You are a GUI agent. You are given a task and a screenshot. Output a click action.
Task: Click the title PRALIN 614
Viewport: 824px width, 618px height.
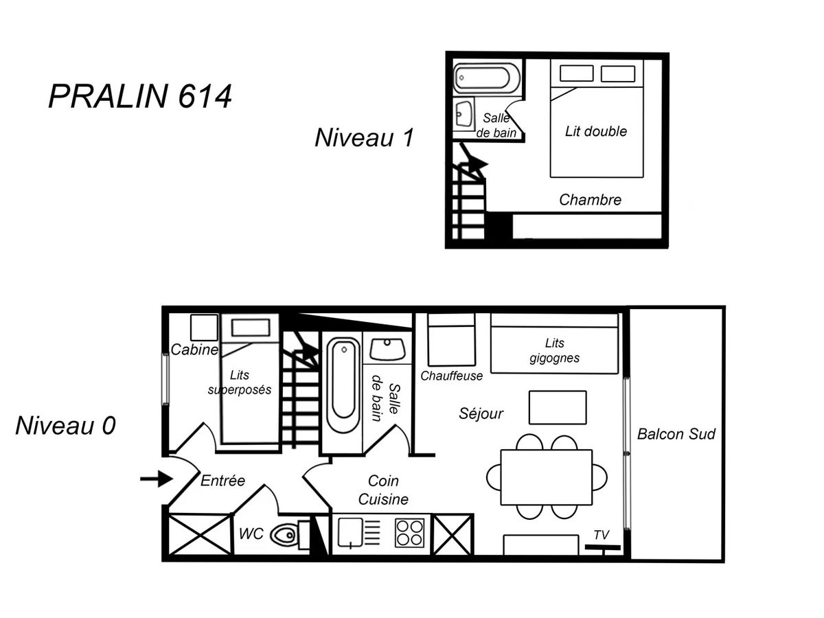pyautogui.click(x=140, y=97)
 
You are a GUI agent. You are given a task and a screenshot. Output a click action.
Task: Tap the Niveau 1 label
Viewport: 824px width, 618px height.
pyautogui.click(x=364, y=137)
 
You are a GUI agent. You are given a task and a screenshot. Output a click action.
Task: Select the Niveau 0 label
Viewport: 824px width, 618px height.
pyautogui.click(x=65, y=426)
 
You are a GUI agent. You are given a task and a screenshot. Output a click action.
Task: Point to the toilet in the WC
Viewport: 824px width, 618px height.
pyautogui.click(x=284, y=534)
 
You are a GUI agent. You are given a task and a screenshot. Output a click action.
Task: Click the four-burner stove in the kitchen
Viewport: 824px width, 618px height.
pyautogui.click(x=409, y=533)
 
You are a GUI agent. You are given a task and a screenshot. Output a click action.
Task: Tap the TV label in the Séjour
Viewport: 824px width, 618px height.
pyautogui.click(x=601, y=534)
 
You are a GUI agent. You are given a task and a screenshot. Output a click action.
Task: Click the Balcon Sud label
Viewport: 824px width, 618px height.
pyautogui.click(x=676, y=434)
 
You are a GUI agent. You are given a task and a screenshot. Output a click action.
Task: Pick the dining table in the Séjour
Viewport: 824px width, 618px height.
pyautogui.click(x=546, y=477)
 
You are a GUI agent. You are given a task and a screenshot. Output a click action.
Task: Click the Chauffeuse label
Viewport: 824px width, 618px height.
pyautogui.click(x=451, y=376)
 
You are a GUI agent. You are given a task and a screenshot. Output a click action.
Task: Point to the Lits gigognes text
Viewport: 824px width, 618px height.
pyautogui.click(x=554, y=350)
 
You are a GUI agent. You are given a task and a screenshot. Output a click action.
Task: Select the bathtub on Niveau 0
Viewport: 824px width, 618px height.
pyautogui.click(x=342, y=386)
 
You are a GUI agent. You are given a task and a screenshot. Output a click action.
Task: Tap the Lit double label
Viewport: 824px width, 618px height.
pyautogui.click(x=595, y=131)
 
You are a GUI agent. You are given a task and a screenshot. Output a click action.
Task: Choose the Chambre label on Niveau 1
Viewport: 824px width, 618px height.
pyautogui.click(x=590, y=200)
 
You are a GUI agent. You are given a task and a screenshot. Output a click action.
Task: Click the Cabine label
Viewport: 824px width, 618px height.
pyautogui.click(x=194, y=350)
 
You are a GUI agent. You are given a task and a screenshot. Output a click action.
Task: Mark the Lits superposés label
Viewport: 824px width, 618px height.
pyautogui.click(x=240, y=382)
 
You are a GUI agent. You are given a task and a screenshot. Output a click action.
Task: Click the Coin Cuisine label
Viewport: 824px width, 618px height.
pyautogui.click(x=382, y=490)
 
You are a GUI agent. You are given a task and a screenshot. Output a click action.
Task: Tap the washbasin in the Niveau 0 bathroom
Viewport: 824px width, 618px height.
pyautogui.click(x=387, y=348)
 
